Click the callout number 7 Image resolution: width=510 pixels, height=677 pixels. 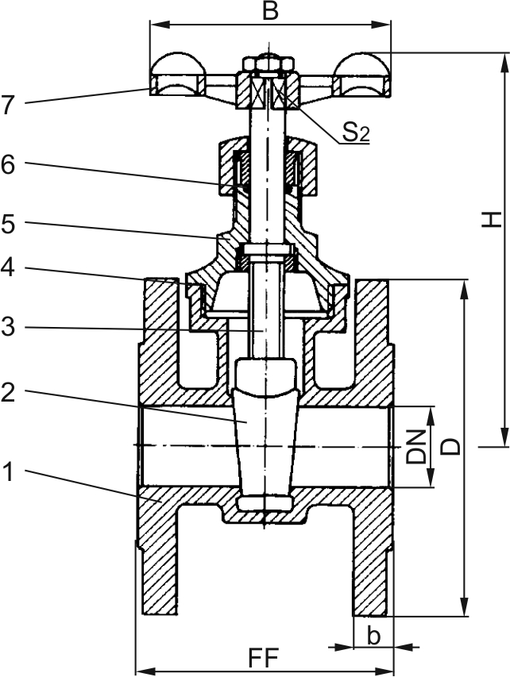point(9,105)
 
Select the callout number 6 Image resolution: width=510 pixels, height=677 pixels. point(9,165)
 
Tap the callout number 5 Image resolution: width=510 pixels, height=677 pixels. point(9,225)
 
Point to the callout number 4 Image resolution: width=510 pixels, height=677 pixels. point(9,268)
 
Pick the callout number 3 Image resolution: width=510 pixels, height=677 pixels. point(9,327)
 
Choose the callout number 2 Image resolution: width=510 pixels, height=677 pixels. point(9,392)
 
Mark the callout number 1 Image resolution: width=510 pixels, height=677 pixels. point(9,474)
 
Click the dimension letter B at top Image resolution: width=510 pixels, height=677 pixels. point(270,11)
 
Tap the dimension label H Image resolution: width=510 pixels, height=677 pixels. point(492,218)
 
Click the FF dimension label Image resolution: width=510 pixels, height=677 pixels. point(265,659)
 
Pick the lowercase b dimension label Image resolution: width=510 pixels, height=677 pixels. point(373,636)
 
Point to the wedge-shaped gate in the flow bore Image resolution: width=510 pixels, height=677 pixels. point(265,433)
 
